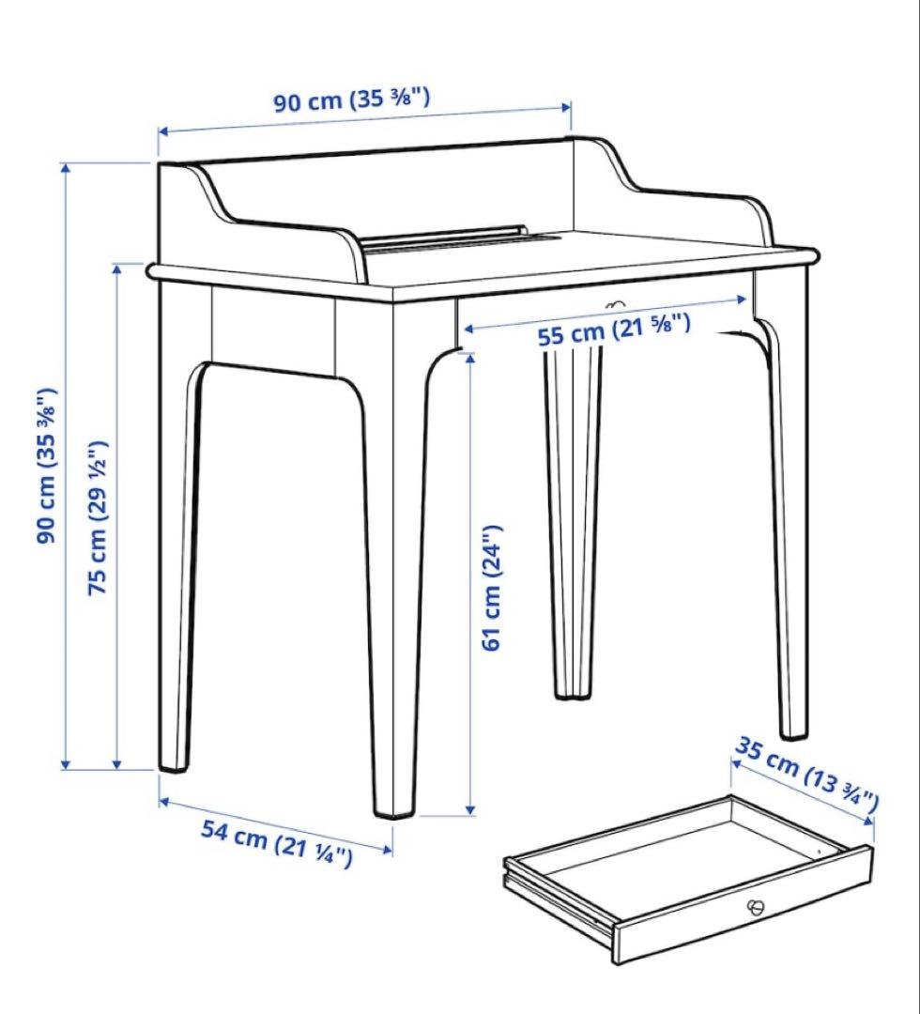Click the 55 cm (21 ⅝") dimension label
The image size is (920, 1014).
614,330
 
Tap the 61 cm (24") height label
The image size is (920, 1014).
493,587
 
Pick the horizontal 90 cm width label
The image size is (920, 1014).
352,100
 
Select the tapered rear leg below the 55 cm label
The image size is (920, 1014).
574,516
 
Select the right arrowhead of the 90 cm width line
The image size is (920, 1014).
566,105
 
